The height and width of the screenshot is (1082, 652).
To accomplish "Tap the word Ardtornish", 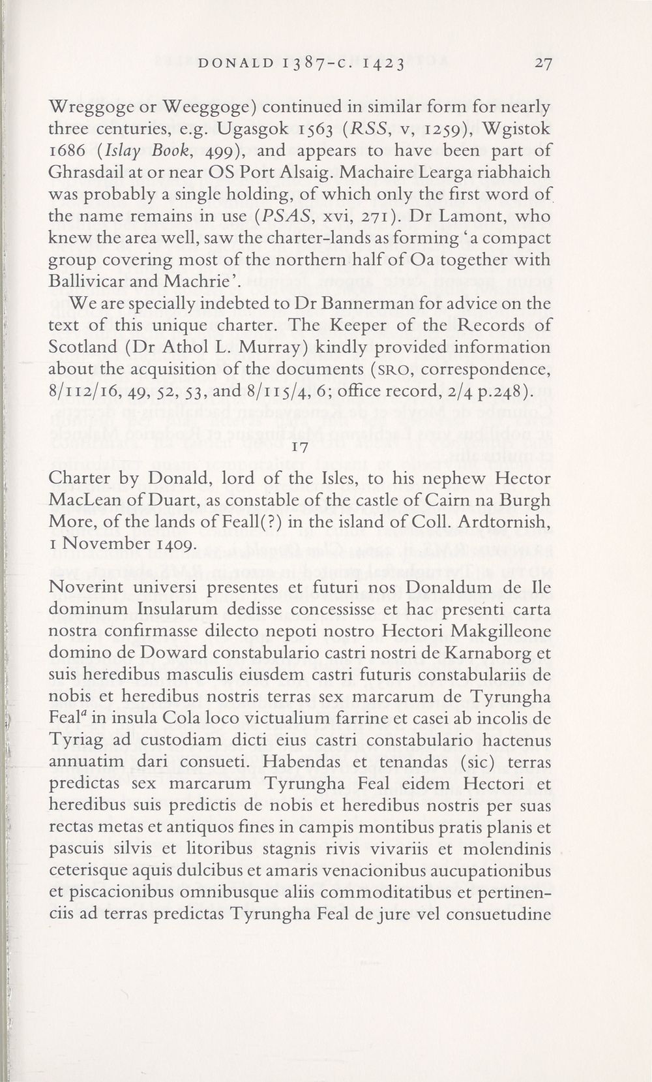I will (501, 522).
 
